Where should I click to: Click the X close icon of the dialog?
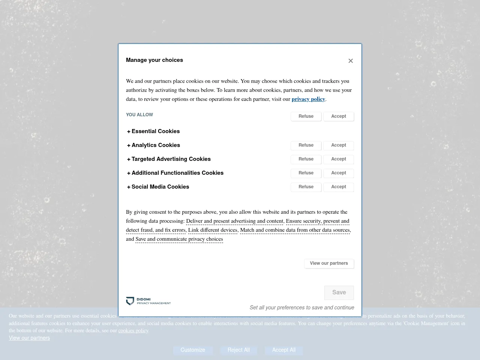pyautogui.click(x=351, y=61)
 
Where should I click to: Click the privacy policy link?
pyautogui.click(x=308, y=99)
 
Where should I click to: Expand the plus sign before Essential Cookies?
pyautogui.click(x=129, y=132)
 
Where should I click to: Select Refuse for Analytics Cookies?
pyautogui.click(x=306, y=145)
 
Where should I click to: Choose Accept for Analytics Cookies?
pyautogui.click(x=339, y=145)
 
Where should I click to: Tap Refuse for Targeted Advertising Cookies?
pyautogui.click(x=306, y=159)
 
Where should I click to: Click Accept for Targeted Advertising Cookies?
pyautogui.click(x=339, y=159)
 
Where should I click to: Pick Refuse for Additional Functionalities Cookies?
pyautogui.click(x=306, y=173)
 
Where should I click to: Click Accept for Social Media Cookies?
pyautogui.click(x=339, y=187)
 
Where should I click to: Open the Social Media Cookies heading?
pyautogui.click(x=160, y=187)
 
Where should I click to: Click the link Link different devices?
pyautogui.click(x=213, y=230)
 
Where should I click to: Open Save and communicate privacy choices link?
pyautogui.click(x=179, y=239)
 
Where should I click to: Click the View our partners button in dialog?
pyautogui.click(x=329, y=264)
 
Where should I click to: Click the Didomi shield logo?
pyautogui.click(x=130, y=301)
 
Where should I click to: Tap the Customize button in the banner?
pyautogui.click(x=193, y=350)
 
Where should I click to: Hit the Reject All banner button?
pyautogui.click(x=238, y=350)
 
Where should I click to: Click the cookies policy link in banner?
pyautogui.click(x=133, y=331)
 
